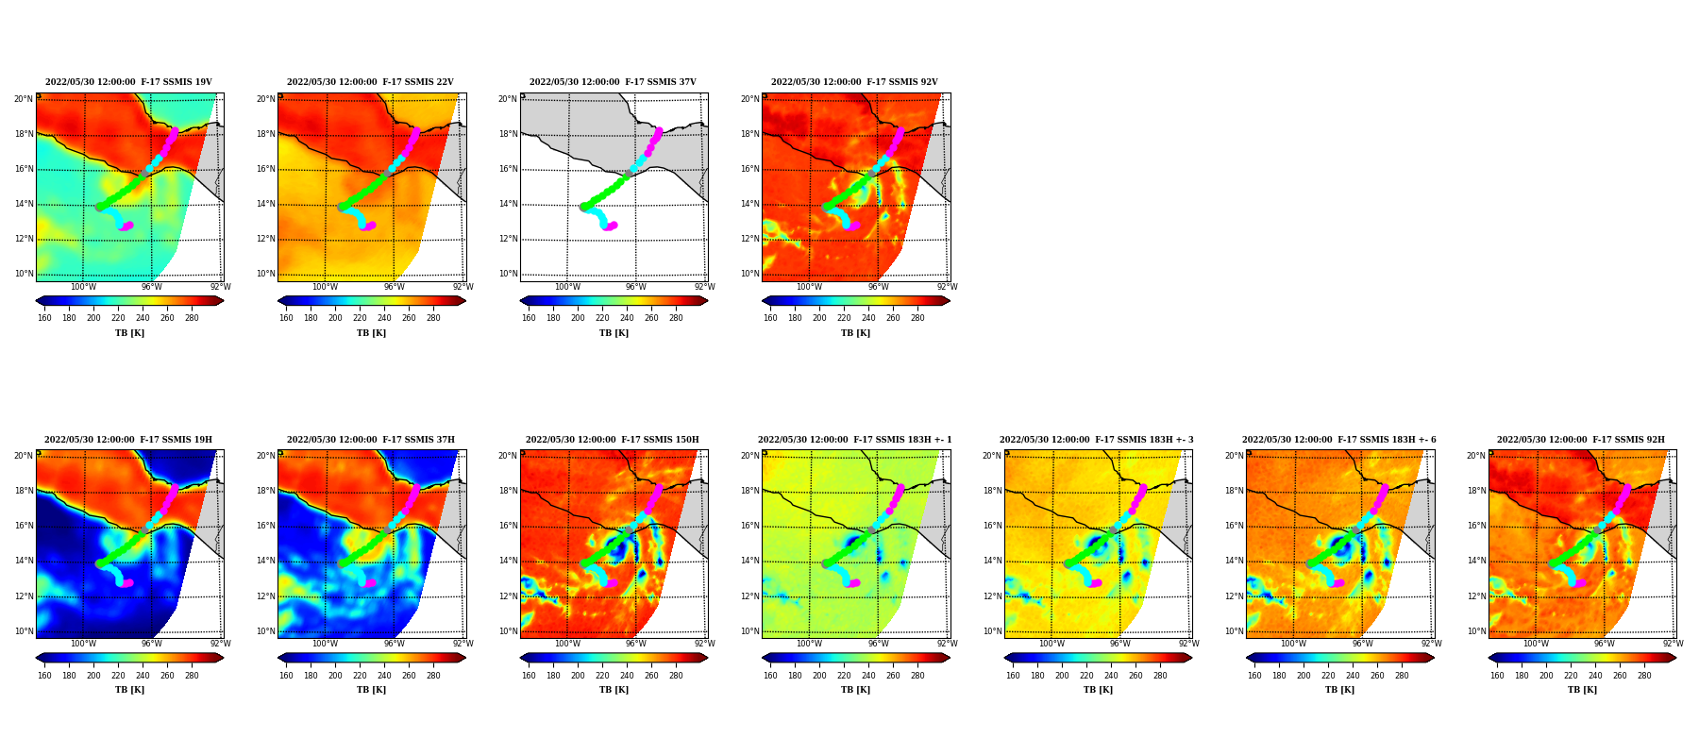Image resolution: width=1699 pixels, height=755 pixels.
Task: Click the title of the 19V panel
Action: click(x=128, y=82)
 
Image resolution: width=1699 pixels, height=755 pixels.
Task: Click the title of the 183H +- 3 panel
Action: click(x=1097, y=440)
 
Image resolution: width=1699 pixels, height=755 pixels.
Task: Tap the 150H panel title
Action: click(x=613, y=440)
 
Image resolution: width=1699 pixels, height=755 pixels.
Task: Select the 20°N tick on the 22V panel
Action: click(x=265, y=99)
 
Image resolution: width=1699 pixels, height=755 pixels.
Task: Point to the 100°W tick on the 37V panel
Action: click(x=567, y=288)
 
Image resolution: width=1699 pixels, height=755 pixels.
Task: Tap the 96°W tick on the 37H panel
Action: click(x=394, y=645)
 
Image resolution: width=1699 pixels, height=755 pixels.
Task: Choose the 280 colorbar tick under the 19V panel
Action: click(x=192, y=318)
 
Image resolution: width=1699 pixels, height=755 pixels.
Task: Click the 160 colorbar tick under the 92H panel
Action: click(x=1497, y=676)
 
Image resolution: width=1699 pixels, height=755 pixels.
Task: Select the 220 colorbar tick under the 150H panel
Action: click(x=602, y=676)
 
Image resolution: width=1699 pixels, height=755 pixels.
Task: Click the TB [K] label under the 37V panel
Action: click(x=614, y=333)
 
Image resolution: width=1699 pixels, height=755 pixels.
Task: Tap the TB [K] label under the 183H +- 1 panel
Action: click(x=856, y=690)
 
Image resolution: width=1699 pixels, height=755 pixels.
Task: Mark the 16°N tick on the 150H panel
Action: click(x=508, y=527)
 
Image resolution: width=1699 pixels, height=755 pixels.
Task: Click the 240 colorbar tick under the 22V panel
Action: click(x=384, y=318)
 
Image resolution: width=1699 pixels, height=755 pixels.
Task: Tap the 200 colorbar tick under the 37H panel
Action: click(x=335, y=676)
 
